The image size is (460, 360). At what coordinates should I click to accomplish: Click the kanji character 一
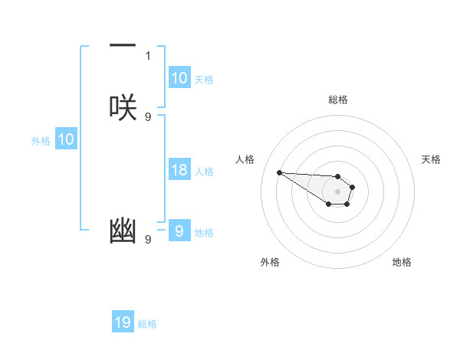tap(123, 46)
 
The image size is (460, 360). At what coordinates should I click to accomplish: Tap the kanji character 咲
tap(123, 107)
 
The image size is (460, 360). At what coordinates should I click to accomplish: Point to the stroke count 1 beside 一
tap(148, 55)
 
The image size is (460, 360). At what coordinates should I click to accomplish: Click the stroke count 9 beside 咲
tap(148, 116)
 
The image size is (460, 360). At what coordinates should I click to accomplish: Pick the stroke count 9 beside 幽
tap(148, 240)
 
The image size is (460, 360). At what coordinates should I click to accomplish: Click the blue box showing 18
tap(179, 170)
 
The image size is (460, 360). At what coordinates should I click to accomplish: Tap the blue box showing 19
tap(123, 322)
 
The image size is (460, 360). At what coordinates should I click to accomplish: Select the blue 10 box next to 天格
tap(179, 78)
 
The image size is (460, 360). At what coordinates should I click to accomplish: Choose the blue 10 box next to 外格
tap(66, 139)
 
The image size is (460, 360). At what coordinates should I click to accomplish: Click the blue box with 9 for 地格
tap(179, 231)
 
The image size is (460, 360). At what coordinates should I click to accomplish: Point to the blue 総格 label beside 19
tap(147, 324)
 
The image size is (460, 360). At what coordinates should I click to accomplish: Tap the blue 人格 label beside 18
tap(205, 172)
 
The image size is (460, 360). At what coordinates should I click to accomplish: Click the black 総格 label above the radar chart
tap(337, 100)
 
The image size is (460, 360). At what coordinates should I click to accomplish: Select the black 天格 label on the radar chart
tap(431, 159)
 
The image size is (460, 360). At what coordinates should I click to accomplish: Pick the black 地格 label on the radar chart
tap(402, 262)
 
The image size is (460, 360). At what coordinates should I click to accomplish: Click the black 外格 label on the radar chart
tap(270, 262)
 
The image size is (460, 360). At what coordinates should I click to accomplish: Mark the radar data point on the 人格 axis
tap(279, 172)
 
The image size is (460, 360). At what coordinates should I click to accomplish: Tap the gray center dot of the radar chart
tap(337, 191)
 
